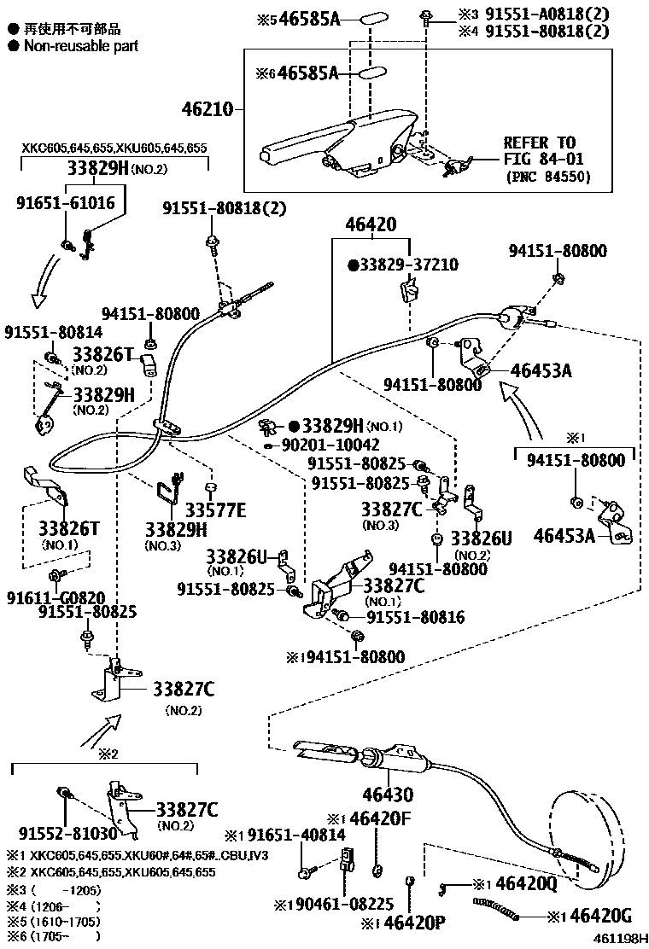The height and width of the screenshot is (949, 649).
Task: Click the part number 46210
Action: pyautogui.click(x=208, y=110)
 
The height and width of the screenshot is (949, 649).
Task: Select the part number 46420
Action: pyautogui.click(x=371, y=225)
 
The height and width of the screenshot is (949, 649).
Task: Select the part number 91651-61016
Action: pyautogui.click(x=65, y=202)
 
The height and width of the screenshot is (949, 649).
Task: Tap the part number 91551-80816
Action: pyautogui.click(x=416, y=616)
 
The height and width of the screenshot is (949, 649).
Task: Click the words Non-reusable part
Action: pyautogui.click(x=80, y=46)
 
